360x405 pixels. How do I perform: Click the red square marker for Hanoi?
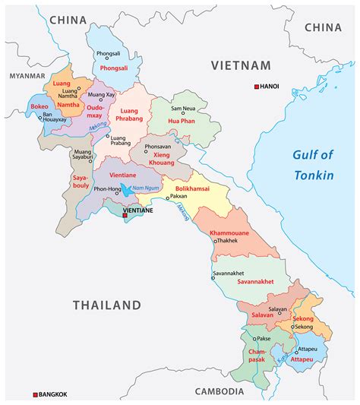pyautogui.click(x=257, y=87)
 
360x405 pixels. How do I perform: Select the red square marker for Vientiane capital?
pyautogui.click(x=125, y=216)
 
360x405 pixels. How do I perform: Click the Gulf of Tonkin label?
pyautogui.click(x=313, y=165)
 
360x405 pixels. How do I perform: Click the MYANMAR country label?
pyautogui.click(x=24, y=77)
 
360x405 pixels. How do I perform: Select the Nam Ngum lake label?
pyautogui.click(x=144, y=187)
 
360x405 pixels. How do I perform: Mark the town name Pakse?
pyautogui.click(x=263, y=337)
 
